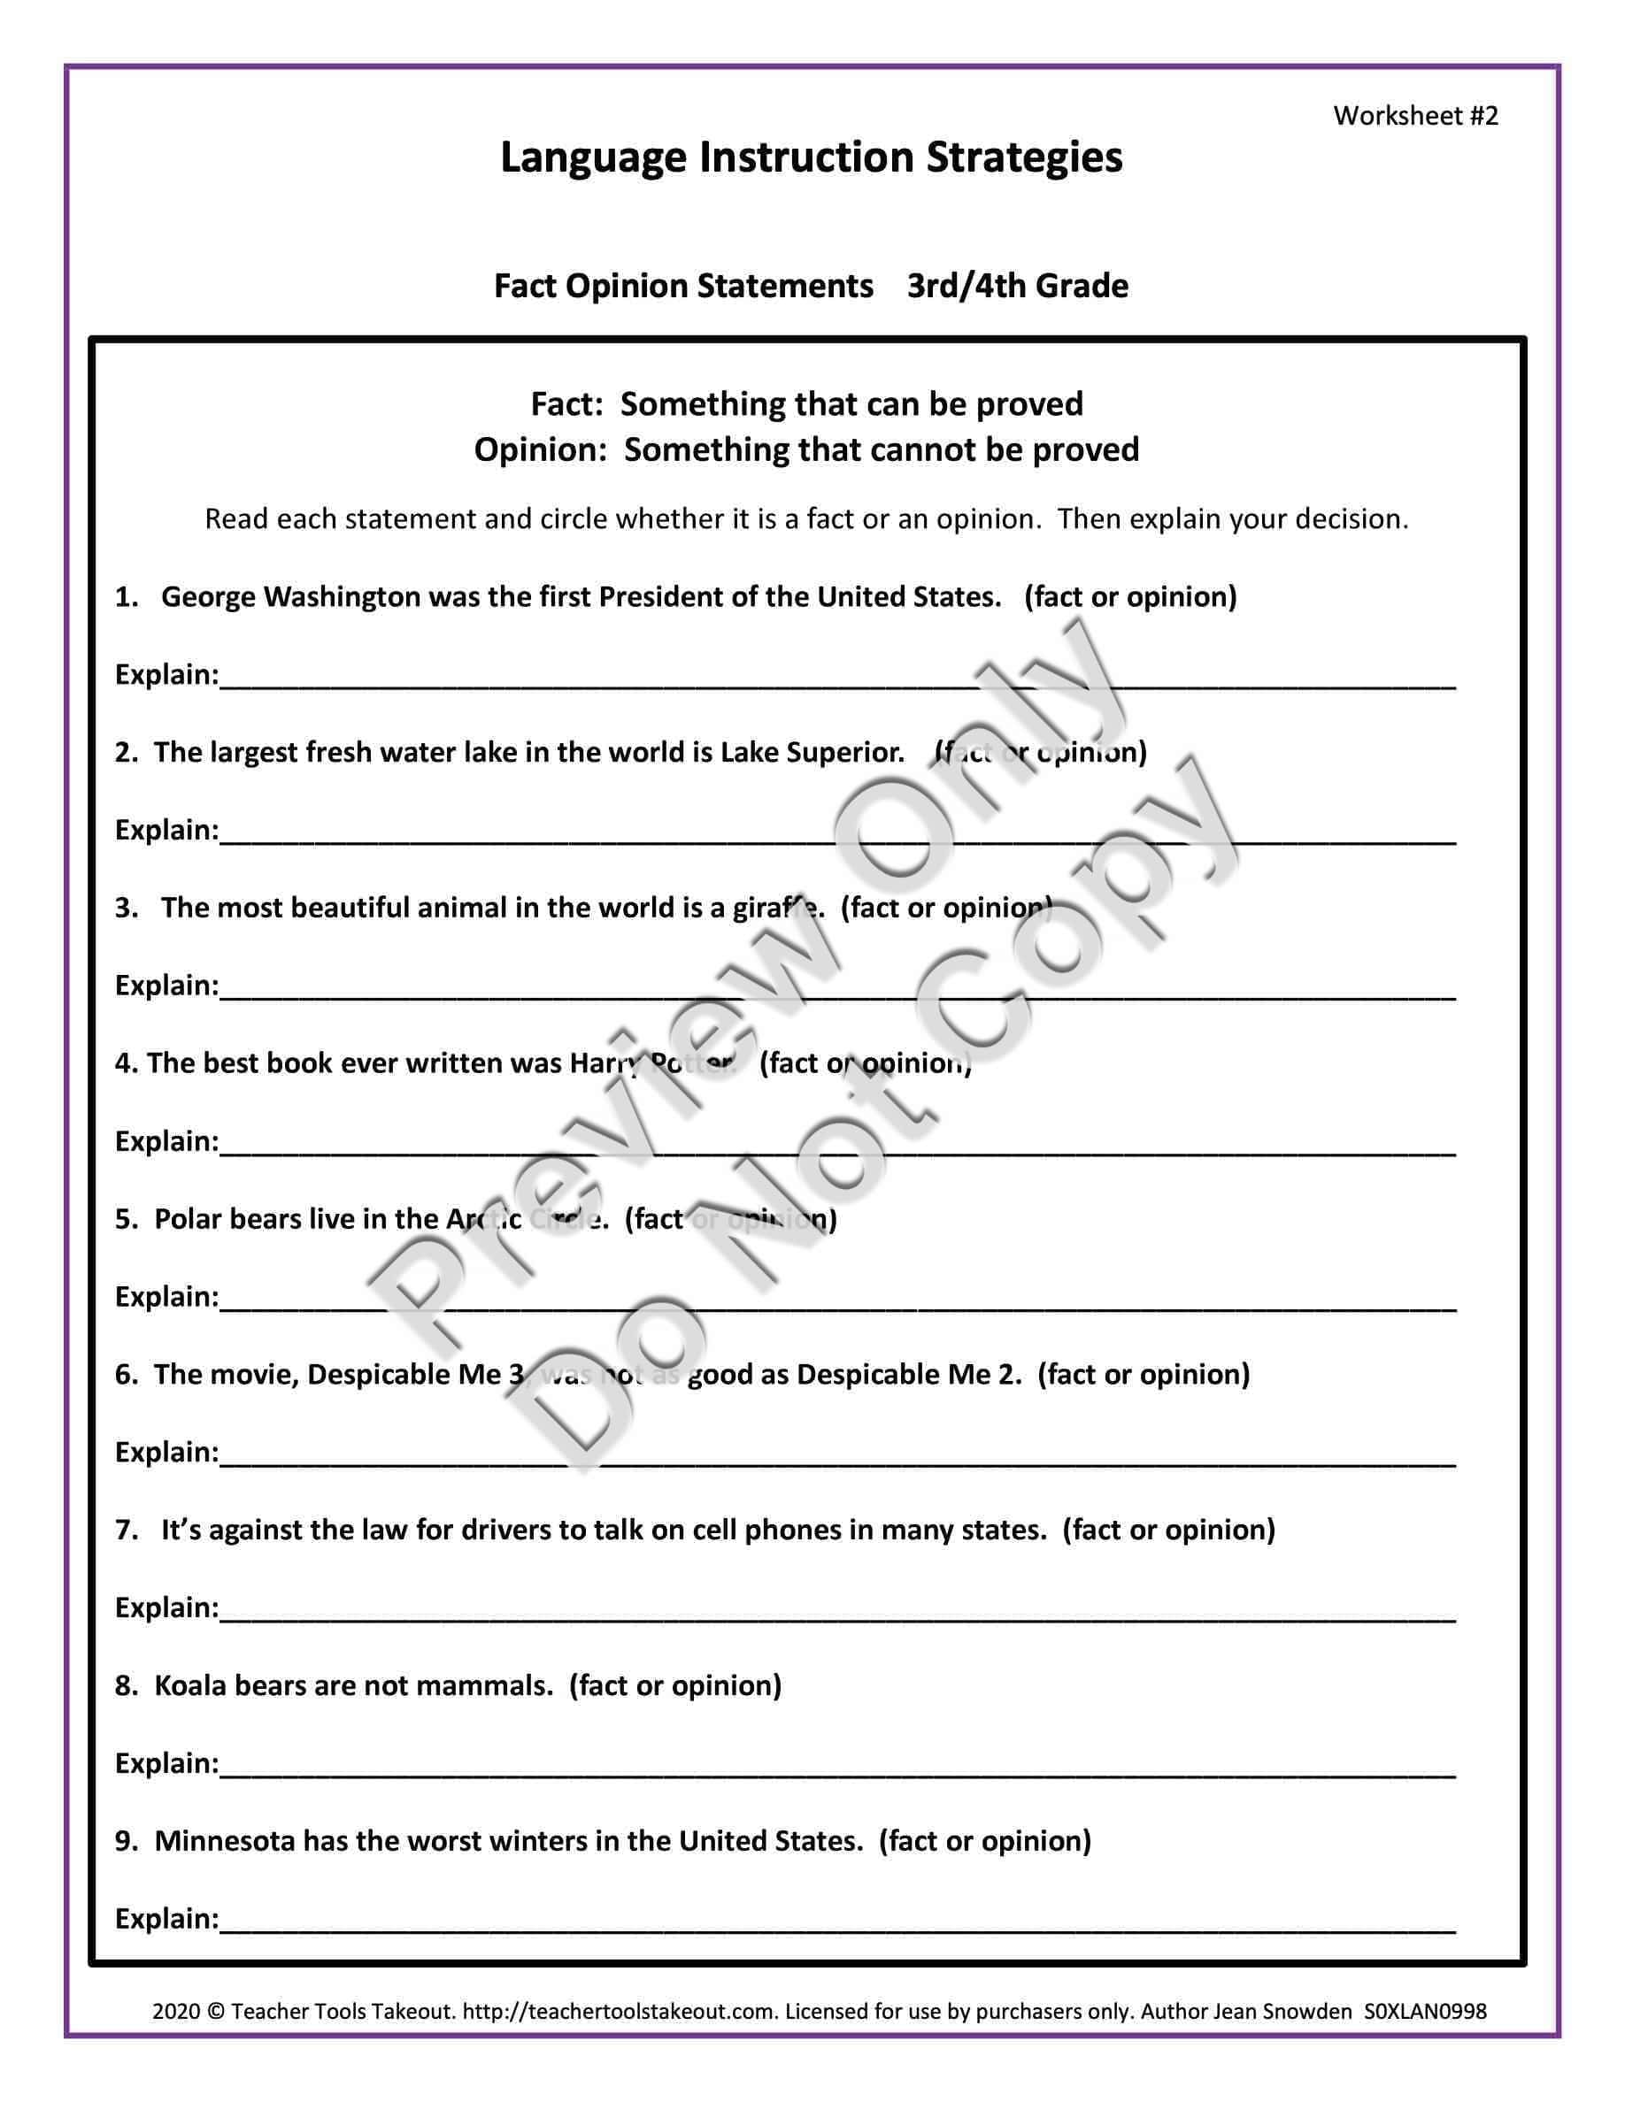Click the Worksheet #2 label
(x=1415, y=116)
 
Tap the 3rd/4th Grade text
(x=1017, y=286)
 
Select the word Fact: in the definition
(x=567, y=403)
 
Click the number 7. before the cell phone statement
(x=128, y=1530)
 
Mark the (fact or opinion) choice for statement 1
(x=1130, y=597)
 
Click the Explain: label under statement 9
(x=166, y=1918)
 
